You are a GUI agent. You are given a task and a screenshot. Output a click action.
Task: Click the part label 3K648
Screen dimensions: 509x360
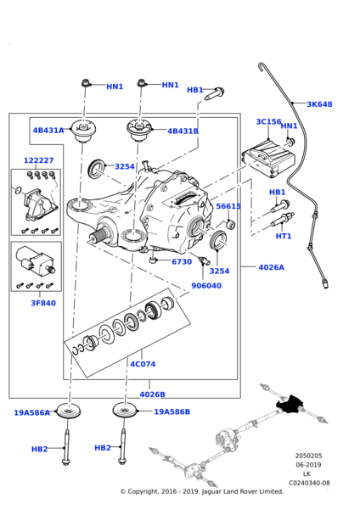319,104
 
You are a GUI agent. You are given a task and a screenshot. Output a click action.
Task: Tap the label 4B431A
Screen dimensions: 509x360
48,131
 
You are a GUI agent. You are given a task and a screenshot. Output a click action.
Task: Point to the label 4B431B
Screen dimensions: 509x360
183,131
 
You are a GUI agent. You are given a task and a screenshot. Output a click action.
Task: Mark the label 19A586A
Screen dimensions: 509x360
31,413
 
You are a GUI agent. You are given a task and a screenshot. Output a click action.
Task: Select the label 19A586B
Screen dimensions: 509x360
172,412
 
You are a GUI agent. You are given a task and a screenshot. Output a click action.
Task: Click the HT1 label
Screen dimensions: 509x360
283,237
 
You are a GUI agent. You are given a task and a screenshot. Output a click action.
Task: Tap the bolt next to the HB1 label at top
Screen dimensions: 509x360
217,90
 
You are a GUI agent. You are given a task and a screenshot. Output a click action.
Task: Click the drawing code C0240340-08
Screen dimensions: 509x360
309,484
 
